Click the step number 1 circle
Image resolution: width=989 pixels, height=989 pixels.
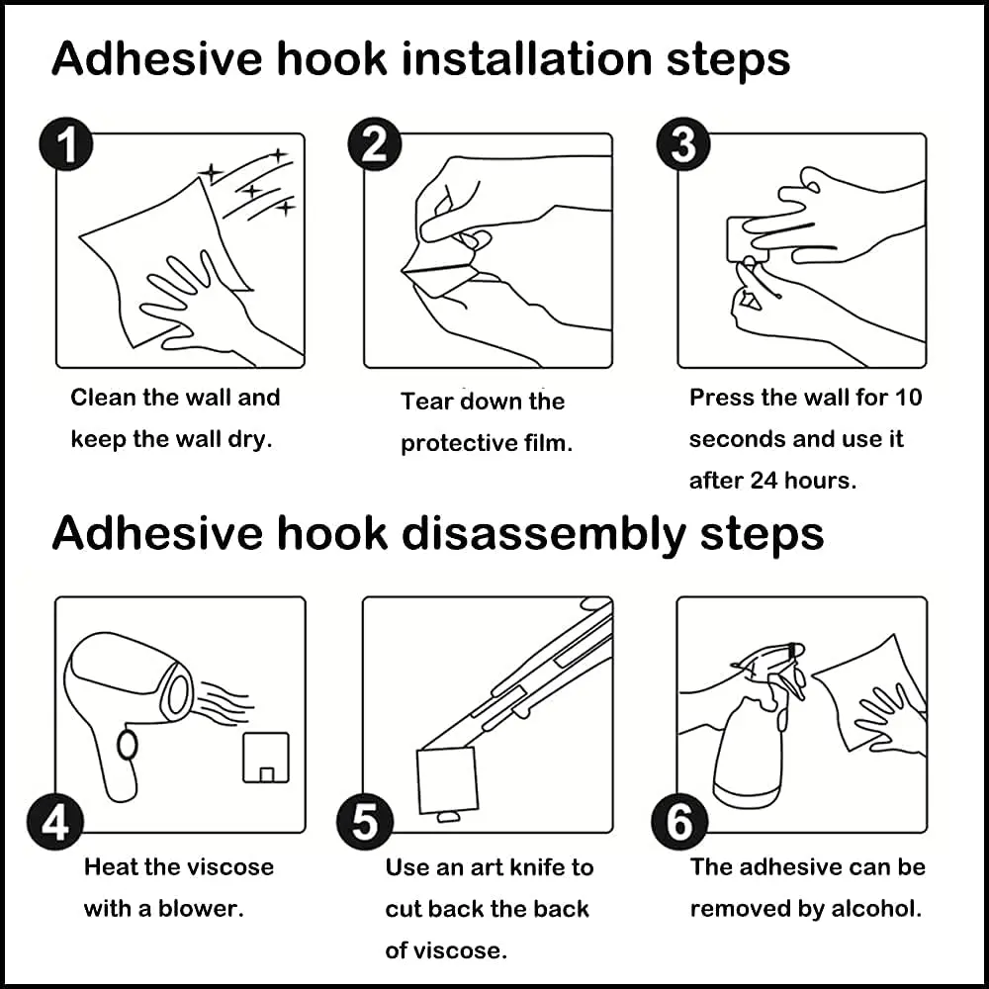66,144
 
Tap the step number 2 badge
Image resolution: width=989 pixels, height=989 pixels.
375,144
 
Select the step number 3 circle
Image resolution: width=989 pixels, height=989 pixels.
683,144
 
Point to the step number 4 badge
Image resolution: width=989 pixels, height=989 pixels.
54,822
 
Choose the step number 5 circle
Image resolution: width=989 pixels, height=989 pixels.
365,822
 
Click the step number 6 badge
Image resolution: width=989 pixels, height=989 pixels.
679,822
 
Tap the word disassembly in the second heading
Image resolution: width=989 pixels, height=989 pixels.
543,535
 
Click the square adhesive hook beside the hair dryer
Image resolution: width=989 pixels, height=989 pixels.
266,758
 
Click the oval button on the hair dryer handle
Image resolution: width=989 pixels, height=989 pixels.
128,745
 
